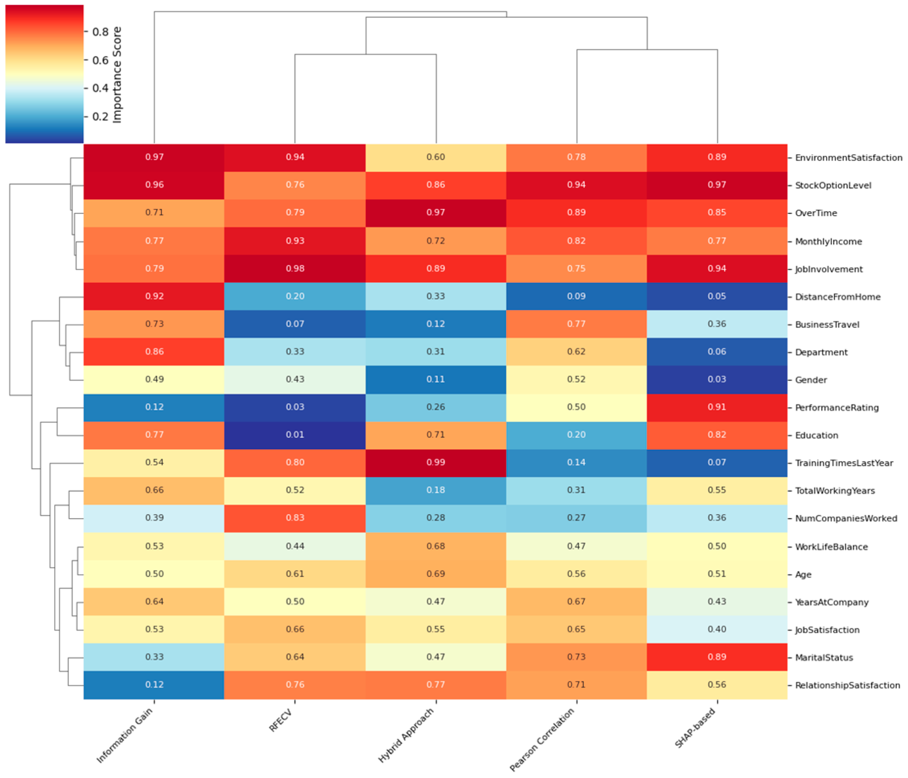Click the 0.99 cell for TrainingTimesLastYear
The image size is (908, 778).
pos(436,462)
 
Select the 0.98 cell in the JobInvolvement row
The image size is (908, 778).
pos(295,268)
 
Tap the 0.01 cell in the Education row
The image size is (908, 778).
pos(295,435)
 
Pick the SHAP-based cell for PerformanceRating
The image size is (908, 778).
pos(717,407)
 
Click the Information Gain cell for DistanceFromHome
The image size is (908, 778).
pos(154,296)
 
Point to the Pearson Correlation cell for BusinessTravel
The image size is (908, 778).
pos(576,324)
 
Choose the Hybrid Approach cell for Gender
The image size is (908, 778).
pos(436,379)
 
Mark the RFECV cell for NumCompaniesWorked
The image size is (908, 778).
pos(295,518)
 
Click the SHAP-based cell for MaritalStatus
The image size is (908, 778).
pos(717,656)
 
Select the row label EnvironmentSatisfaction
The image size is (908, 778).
pos(848,158)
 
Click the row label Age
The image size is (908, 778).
pos(803,575)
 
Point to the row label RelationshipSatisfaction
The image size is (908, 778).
pos(847,685)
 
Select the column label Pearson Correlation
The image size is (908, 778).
pos(542,740)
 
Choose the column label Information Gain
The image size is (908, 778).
pos(125,735)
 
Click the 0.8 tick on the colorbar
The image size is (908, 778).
pos(100,32)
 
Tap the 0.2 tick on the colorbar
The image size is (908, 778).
pos(100,117)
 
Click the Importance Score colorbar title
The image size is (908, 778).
pos(117,75)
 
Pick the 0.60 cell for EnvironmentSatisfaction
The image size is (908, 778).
pos(436,157)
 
